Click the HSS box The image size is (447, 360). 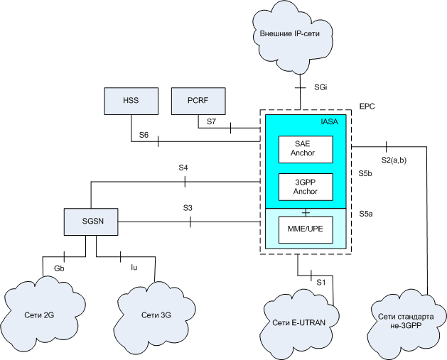pyautogui.click(x=131, y=101)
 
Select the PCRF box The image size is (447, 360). pyautogui.click(x=199, y=101)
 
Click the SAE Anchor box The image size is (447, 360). pyautogui.click(x=306, y=148)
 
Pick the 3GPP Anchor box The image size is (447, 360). pyautogui.click(x=306, y=187)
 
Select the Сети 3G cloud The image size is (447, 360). pyautogui.click(x=155, y=313)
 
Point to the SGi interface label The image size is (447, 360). pyautogui.click(x=321, y=87)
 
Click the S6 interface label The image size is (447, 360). pyautogui.click(x=144, y=134)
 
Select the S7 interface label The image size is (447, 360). pyautogui.click(x=211, y=122)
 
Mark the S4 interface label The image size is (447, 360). pyautogui.click(x=183, y=168)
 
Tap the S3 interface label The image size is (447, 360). pyautogui.click(x=188, y=209)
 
